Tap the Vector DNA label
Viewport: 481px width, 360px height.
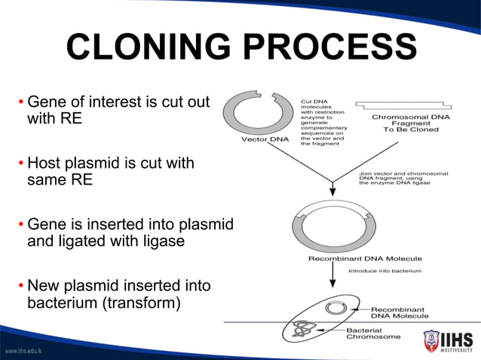tap(265, 139)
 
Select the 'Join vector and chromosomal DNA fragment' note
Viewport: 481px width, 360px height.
tap(403, 180)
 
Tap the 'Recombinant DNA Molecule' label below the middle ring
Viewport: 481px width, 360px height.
tap(355, 258)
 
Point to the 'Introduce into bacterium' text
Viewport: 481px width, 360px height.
tap(384, 270)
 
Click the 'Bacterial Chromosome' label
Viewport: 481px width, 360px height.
tap(373, 333)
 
